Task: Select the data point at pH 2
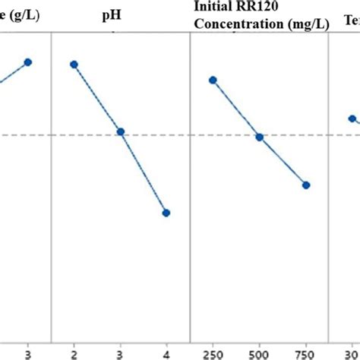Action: pyautogui.click(x=74, y=65)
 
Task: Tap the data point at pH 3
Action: pyautogui.click(x=120, y=132)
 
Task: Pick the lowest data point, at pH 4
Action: pyautogui.click(x=166, y=213)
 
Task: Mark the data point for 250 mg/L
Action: pyautogui.click(x=213, y=80)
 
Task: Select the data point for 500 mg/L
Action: pyautogui.click(x=259, y=137)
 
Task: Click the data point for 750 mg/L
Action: pyautogui.click(x=306, y=185)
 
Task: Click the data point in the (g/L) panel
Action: pyautogui.click(x=28, y=62)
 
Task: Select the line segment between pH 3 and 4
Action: pyautogui.click(x=144, y=172)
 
